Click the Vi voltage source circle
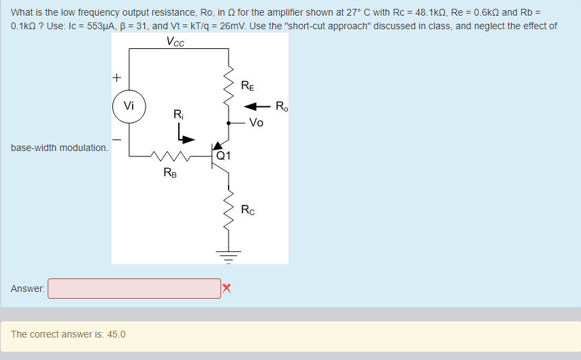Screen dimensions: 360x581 click(x=129, y=106)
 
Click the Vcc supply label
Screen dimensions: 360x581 click(x=175, y=42)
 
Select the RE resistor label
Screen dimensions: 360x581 click(x=249, y=86)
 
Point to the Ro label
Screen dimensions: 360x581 click(x=282, y=105)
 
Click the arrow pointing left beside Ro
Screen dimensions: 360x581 click(x=256, y=106)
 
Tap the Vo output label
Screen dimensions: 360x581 click(x=256, y=123)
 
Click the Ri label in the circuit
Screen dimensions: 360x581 click(x=178, y=114)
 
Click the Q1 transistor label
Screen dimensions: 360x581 click(x=224, y=155)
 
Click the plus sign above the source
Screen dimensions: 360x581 click(x=117, y=77)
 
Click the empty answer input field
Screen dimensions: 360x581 click(x=134, y=289)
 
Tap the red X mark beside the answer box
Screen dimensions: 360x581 click(x=227, y=289)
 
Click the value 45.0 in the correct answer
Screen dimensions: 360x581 click(x=116, y=334)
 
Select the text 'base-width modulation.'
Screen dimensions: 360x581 click(x=59, y=148)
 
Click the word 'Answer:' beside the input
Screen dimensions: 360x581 click(x=28, y=289)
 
